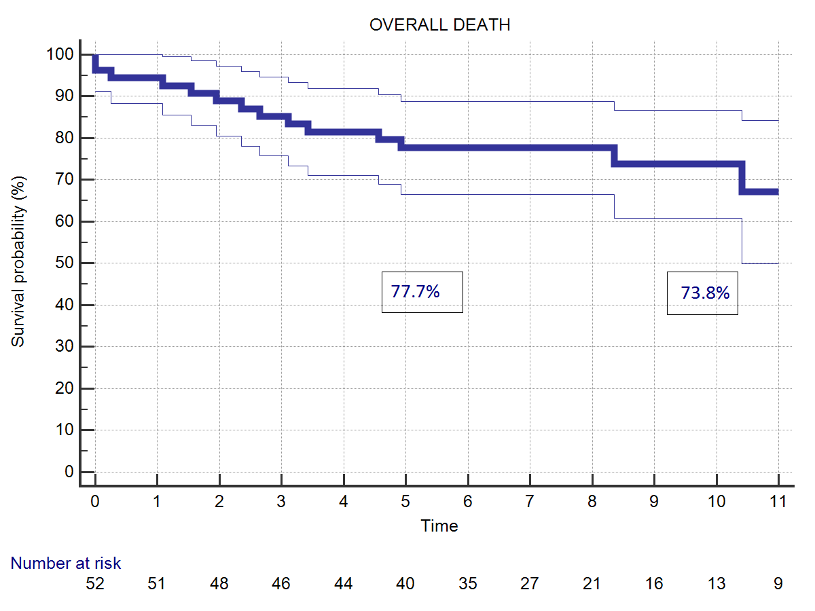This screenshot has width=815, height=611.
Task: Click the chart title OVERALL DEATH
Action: tap(439, 25)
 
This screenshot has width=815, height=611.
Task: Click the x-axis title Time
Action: tap(439, 525)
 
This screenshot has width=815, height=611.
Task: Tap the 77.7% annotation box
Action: tap(422, 292)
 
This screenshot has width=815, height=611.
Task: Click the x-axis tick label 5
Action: tap(405, 502)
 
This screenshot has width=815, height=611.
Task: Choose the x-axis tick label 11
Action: tap(778, 502)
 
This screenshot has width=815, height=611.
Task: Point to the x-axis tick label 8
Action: tap(592, 502)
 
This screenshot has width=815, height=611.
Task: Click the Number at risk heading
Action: tap(66, 563)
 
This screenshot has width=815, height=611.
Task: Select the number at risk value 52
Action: tap(94, 584)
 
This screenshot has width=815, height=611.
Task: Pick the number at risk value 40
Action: tap(405, 584)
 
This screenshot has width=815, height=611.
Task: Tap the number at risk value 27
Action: tap(530, 584)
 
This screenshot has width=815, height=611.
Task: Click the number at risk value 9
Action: tap(778, 584)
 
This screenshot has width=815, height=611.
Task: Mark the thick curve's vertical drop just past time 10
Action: tap(742, 178)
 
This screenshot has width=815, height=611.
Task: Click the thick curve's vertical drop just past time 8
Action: tap(614, 155)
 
